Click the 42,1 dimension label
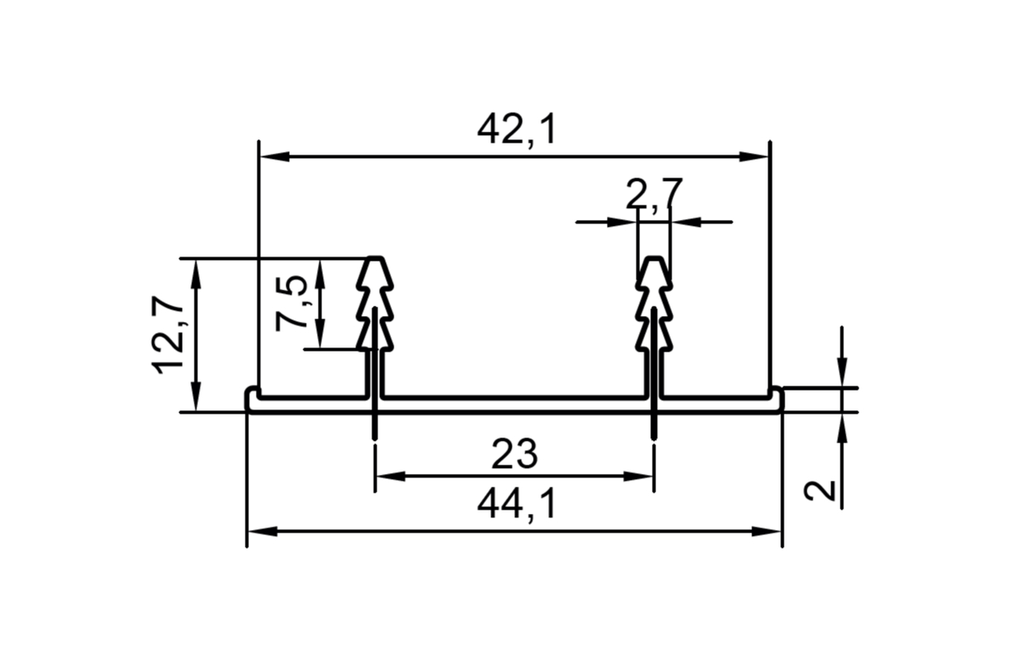[x=516, y=129]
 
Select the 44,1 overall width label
[x=516, y=505]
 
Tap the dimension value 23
[x=514, y=455]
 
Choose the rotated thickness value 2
[x=821, y=490]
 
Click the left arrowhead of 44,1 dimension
[x=261, y=532]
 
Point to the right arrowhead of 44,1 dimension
[x=768, y=532]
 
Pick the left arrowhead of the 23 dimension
[x=388, y=476]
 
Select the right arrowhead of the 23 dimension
[x=640, y=476]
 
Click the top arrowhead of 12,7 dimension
[x=196, y=272]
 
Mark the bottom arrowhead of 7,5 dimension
[x=320, y=336]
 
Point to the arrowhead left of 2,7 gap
[x=623, y=223]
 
